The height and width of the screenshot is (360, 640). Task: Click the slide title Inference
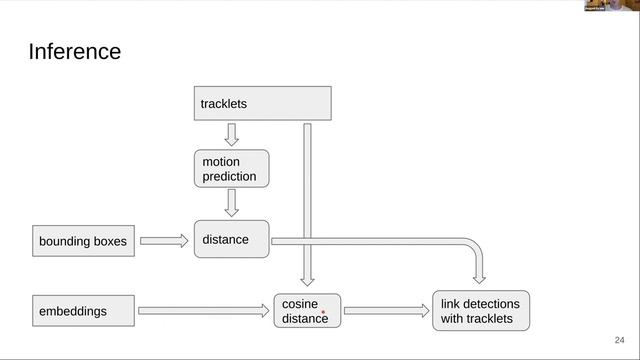pos(75,52)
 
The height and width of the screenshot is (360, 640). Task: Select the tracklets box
pos(262,103)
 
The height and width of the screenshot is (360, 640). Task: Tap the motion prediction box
pos(231,169)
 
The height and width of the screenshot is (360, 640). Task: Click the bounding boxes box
pos(83,241)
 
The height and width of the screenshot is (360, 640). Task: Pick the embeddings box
pos(83,311)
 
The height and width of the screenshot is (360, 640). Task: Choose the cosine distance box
pos(307,311)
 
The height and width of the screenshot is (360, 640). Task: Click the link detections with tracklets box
pos(481,311)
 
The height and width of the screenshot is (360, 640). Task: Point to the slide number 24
pos(619,340)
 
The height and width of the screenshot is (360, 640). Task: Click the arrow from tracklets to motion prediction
pos(231,135)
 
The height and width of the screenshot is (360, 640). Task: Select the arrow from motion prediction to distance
pos(231,203)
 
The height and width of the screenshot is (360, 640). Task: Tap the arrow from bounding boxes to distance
pos(164,241)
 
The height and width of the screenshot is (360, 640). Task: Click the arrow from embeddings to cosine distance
pos(204,311)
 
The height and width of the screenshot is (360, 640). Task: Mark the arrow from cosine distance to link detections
pos(387,311)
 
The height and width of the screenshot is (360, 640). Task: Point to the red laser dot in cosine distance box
pos(323,312)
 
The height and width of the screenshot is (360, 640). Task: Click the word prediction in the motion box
pos(229,176)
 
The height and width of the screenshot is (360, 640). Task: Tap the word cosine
pos(300,304)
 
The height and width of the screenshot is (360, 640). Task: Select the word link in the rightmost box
pos(450,304)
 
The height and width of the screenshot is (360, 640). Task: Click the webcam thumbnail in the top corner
pos(612,5)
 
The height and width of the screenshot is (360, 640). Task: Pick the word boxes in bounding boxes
pos(110,241)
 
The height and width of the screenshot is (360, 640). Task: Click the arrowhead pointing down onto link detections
pos(479,279)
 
